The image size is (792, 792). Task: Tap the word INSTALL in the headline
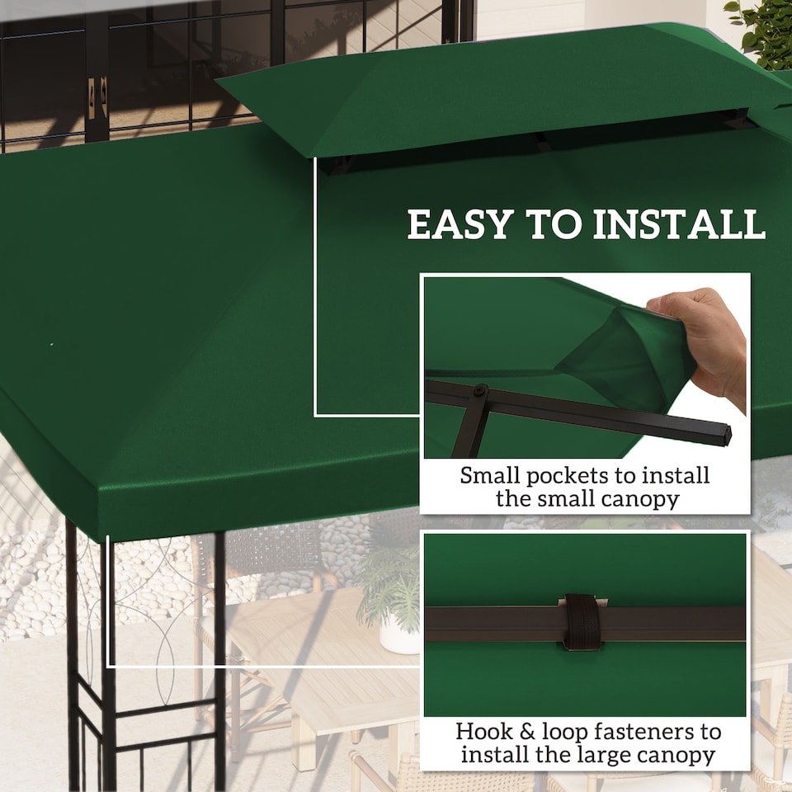point(678,225)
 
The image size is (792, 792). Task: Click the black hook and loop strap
point(582,621)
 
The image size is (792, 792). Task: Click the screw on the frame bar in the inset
point(480,389)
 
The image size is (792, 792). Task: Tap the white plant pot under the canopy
point(399,635)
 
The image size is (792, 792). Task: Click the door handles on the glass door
point(98,95)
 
